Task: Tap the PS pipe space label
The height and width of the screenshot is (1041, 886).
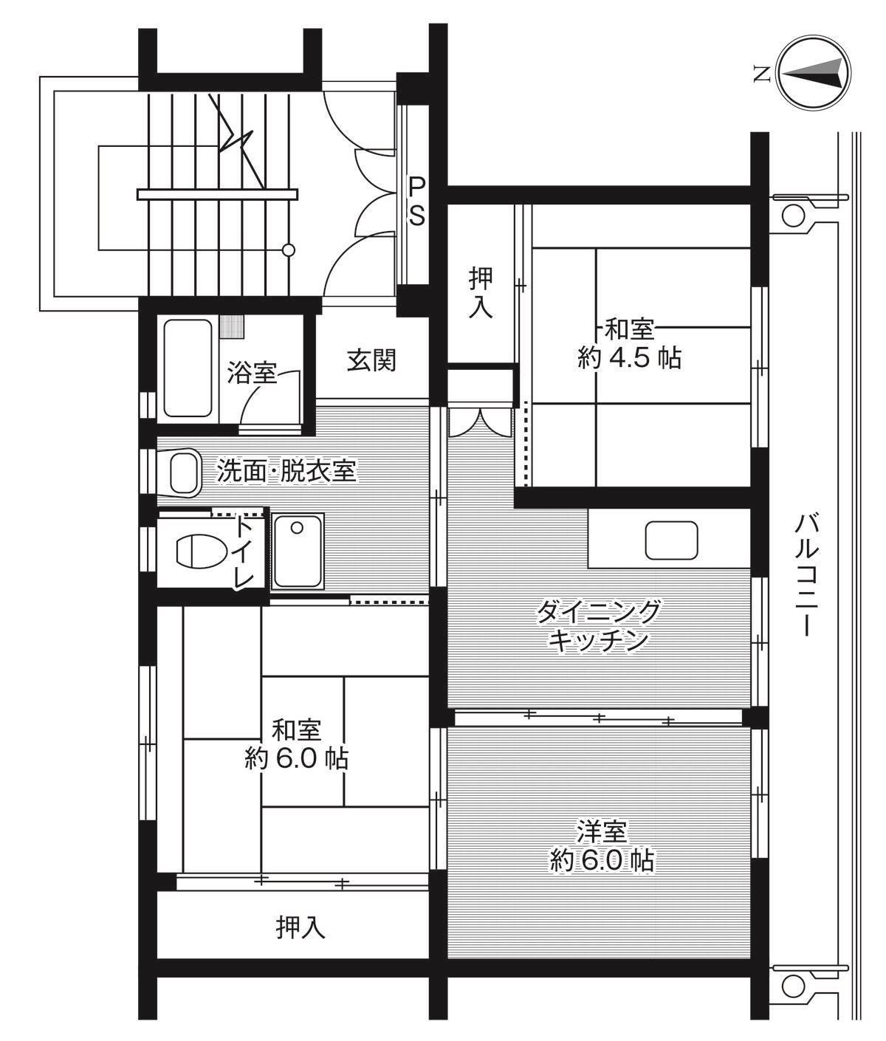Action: tap(417, 200)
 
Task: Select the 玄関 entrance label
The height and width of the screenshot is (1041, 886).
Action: tap(372, 360)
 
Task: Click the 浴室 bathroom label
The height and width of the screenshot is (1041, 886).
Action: tap(252, 373)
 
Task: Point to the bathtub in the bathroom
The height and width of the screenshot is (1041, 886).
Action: tap(189, 368)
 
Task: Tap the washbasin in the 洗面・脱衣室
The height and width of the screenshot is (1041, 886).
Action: tap(185, 473)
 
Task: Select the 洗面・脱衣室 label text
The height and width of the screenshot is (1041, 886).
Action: tap(286, 470)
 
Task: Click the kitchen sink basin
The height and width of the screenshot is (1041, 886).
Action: tap(671, 540)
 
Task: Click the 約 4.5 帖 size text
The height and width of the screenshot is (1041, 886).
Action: tap(629, 358)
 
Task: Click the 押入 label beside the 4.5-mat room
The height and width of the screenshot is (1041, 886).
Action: tap(481, 293)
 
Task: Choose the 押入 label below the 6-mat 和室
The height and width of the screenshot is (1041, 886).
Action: tap(301, 927)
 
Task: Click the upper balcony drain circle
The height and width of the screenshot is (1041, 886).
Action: tap(793, 216)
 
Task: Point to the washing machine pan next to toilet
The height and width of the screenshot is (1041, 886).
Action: tap(296, 552)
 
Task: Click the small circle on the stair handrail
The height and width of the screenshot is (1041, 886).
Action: tap(289, 250)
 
